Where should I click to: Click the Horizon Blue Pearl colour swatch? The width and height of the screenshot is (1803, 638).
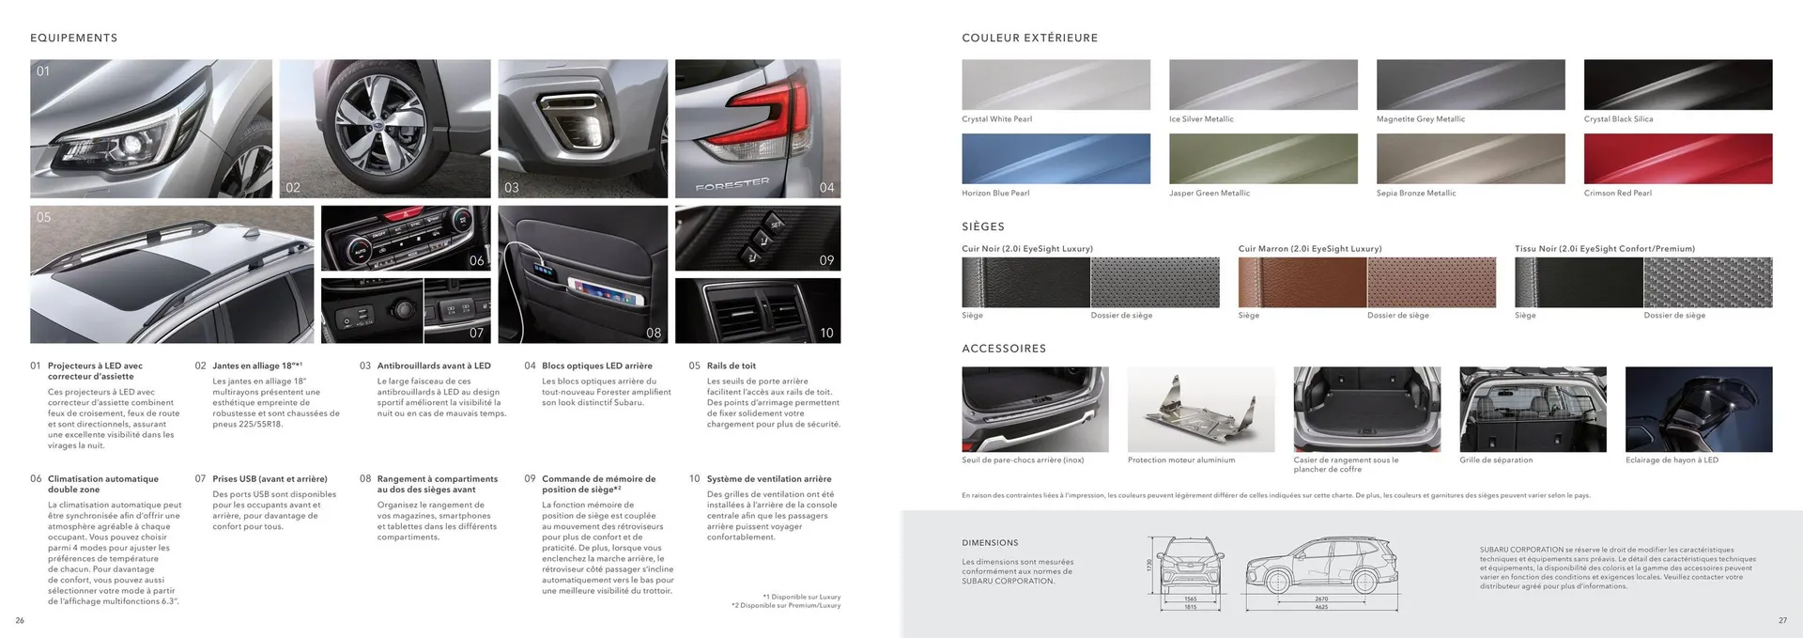point(1056,159)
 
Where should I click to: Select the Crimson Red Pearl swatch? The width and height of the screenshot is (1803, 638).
point(1677,159)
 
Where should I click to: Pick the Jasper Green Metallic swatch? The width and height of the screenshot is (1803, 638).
point(1263,159)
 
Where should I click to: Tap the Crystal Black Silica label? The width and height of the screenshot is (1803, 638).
point(1618,119)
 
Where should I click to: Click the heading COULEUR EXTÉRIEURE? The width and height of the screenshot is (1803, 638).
point(1029,39)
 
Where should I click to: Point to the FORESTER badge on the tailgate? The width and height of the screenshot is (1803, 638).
point(732,184)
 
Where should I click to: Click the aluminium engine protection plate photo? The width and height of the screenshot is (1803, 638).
point(1200,409)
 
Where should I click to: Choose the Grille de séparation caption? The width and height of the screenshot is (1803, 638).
point(1495,460)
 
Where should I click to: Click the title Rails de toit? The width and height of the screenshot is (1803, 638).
point(731,366)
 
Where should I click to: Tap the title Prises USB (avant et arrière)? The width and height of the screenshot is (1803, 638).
point(270,479)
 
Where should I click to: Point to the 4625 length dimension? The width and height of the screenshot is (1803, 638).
point(1321,607)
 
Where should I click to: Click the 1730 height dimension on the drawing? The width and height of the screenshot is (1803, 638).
point(1148,566)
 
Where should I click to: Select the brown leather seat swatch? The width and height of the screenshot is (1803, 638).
point(1302,282)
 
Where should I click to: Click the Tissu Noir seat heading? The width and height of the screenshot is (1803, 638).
point(1604,249)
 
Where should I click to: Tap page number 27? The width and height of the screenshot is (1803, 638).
point(1782,620)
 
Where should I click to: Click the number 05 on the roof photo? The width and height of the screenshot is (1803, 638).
point(44,217)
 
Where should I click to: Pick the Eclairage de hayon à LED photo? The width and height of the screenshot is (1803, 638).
point(1698,409)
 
